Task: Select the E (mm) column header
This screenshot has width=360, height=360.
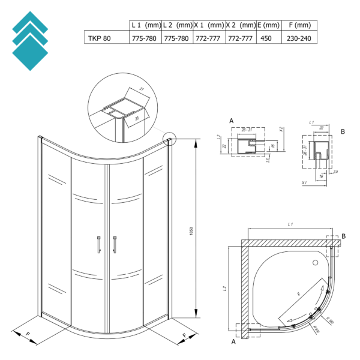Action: [268, 25]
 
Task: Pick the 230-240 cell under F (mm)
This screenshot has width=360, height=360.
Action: [299, 37]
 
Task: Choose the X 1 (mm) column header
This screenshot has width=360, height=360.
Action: [209, 25]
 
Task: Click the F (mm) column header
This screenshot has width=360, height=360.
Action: [299, 25]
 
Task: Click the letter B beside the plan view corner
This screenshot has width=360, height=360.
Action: [344, 237]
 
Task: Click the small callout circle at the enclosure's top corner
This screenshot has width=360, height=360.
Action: [170, 140]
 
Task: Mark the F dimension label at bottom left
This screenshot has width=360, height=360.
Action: [29, 334]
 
